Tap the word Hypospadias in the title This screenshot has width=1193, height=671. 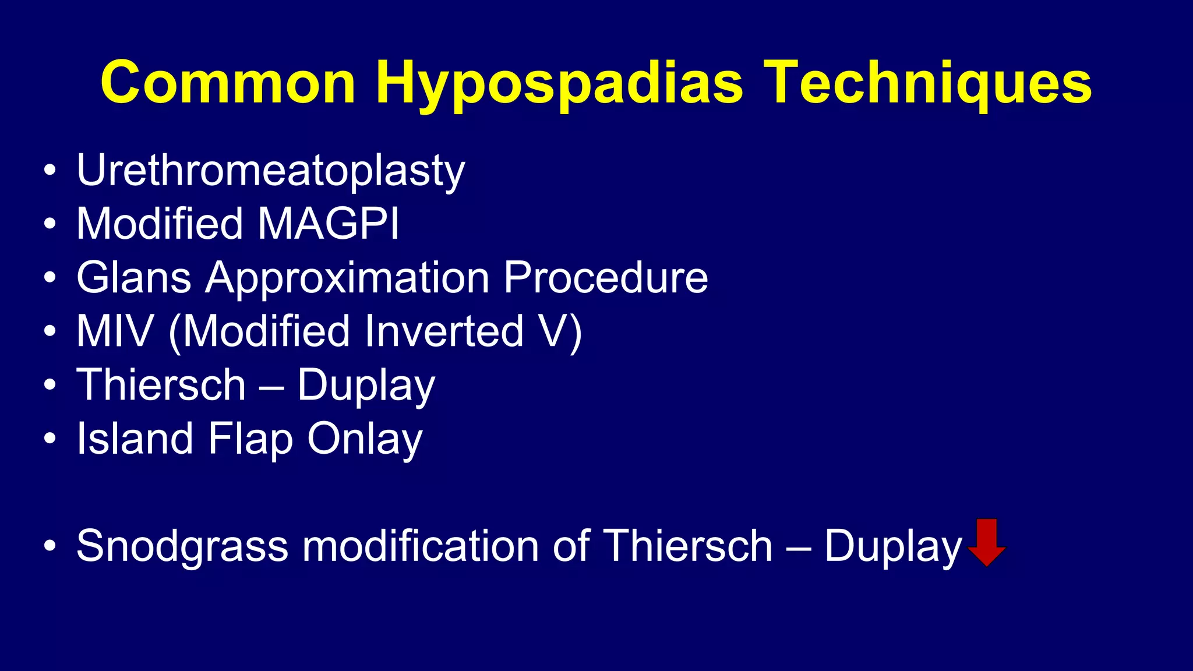coord(559,83)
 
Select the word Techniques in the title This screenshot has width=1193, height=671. coord(927,83)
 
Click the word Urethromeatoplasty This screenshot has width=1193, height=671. coord(271,171)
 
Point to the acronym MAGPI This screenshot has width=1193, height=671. coord(329,224)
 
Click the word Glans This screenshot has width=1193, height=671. coord(134,277)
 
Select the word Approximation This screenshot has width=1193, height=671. coord(347,278)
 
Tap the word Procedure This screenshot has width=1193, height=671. coord(605,277)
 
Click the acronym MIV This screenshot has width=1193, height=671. coord(115,331)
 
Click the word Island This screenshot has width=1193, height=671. coord(135,438)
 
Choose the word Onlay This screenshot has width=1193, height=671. coord(365,439)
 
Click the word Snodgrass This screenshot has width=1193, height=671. coord(182,546)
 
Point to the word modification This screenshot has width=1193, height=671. coord(420,546)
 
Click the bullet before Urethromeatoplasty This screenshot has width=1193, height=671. coord(50,171)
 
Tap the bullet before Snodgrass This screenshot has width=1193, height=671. coord(50,546)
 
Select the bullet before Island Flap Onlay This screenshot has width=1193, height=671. coord(50,438)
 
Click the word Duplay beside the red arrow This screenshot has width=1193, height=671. coord(892,546)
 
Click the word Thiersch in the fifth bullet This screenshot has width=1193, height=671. coord(161,385)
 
